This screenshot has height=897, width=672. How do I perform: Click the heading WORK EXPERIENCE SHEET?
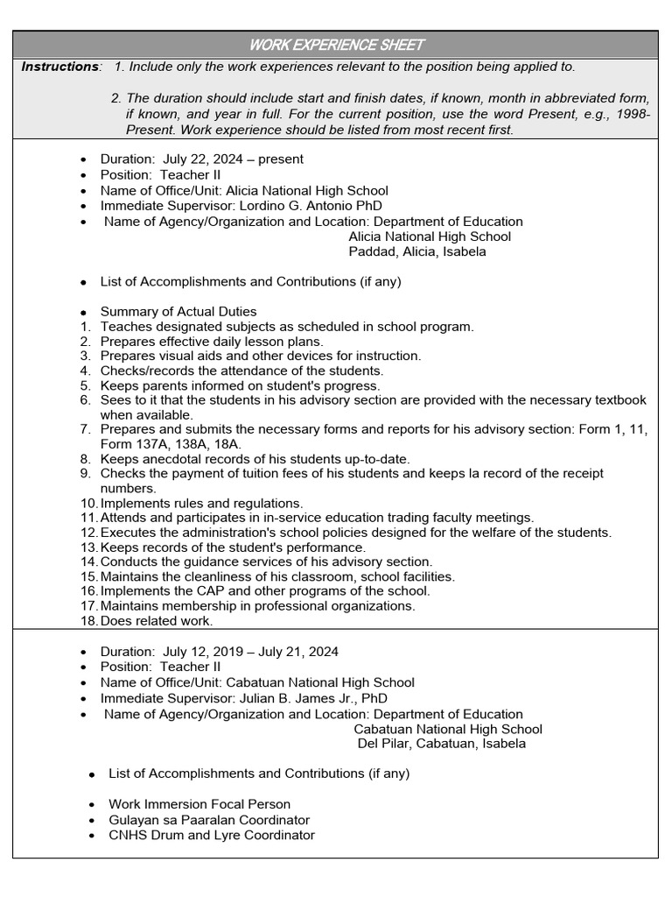[x=336, y=45]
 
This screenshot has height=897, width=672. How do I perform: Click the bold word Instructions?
[x=59, y=67]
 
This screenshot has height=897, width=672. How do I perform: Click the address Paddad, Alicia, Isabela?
[x=417, y=252]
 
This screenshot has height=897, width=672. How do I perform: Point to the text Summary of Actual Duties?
[x=178, y=312]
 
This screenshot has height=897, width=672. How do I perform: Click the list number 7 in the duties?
[x=86, y=429]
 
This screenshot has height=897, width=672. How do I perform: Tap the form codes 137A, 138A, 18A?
[x=172, y=444]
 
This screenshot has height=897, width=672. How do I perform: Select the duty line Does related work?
[x=156, y=621]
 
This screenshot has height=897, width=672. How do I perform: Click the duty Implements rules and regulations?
[x=201, y=504]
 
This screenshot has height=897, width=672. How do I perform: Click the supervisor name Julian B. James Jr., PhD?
[x=313, y=698]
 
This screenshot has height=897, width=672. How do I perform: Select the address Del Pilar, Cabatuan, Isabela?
[x=442, y=745]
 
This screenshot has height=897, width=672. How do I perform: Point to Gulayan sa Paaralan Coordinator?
[x=209, y=820]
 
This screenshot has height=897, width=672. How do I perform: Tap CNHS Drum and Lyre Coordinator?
[x=211, y=836]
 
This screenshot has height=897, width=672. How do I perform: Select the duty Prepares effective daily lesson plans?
[x=212, y=342]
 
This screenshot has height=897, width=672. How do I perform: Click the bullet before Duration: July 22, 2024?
[x=83, y=160]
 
